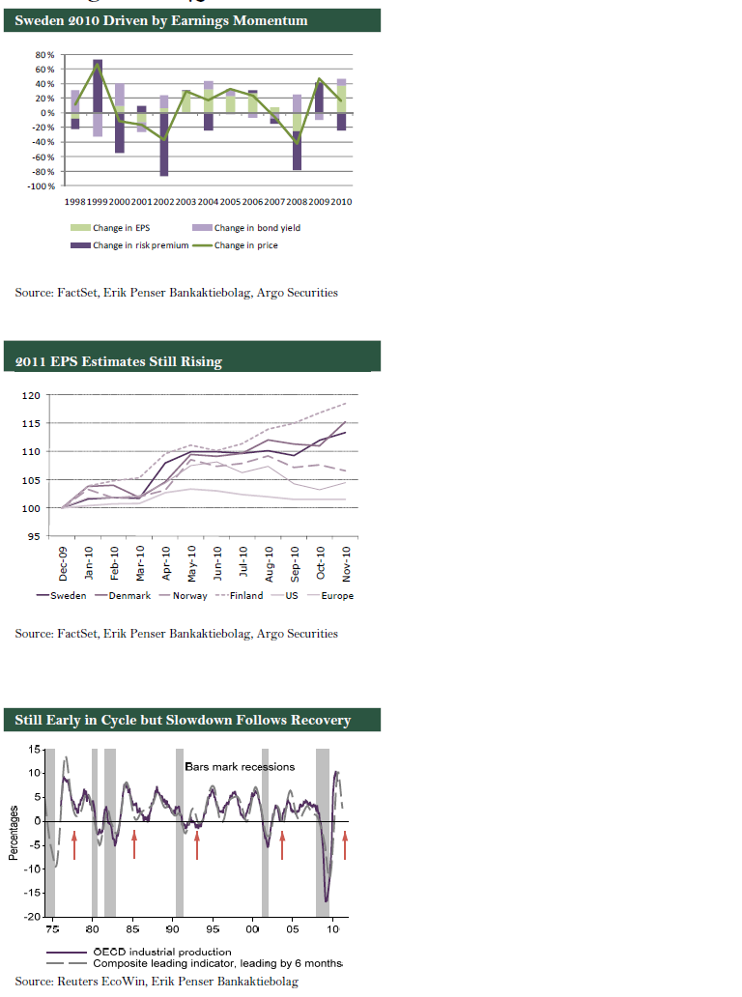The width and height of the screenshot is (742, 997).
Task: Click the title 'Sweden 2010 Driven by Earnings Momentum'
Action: pos(161,20)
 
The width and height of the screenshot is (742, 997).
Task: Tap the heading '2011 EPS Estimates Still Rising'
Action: pos(119,361)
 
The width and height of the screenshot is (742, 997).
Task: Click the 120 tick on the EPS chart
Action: pos(32,395)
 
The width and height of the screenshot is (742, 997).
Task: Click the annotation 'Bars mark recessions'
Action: pos(240,766)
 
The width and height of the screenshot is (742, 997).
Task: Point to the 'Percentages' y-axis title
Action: pos(13,833)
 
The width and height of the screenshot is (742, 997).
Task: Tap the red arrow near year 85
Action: pos(134,843)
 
